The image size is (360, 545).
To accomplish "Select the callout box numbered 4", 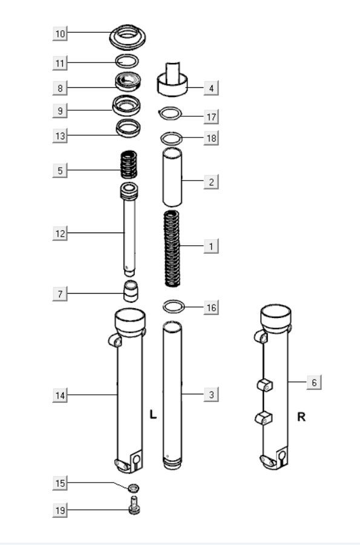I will [x=211, y=88].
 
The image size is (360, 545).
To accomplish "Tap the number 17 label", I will [x=211, y=116].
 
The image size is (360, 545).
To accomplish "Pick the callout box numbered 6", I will [x=313, y=383].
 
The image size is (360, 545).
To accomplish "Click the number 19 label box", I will [x=60, y=510].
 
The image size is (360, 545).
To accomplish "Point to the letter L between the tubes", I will [x=153, y=415].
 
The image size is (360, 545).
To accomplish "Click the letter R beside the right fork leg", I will [x=301, y=417].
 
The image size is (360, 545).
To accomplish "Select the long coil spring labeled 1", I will [x=173, y=248].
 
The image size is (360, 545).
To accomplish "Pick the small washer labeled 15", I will [x=134, y=487].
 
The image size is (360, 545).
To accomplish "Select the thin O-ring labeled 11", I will [x=127, y=61].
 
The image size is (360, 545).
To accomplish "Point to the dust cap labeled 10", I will [x=128, y=36].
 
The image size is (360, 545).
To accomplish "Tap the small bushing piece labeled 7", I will [x=130, y=290].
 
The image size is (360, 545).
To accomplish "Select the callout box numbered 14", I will [x=60, y=395].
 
